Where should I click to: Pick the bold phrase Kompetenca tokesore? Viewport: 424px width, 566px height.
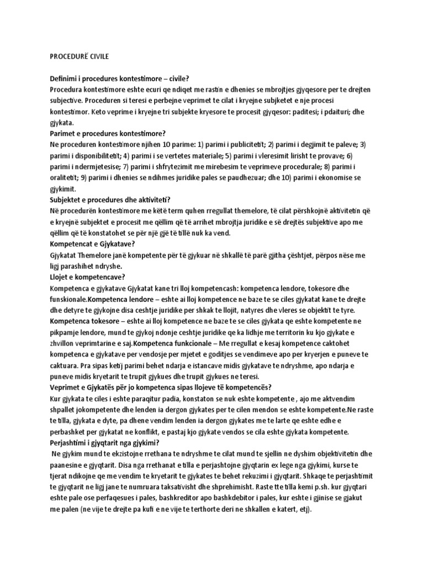click(85, 321)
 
